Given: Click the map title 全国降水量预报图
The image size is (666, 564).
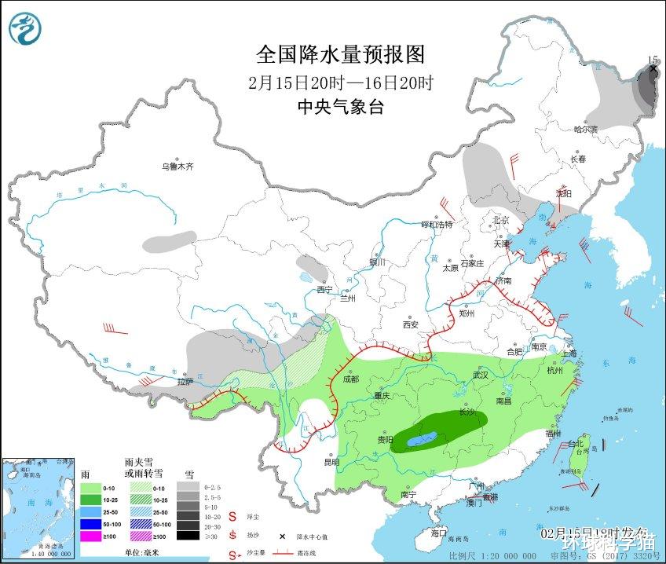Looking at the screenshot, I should click(x=340, y=54).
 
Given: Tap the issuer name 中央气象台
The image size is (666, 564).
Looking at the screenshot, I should click(x=340, y=108).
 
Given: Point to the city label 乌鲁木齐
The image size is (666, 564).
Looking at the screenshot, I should click(x=177, y=167).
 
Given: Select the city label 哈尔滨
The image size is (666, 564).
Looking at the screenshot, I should click(x=585, y=128).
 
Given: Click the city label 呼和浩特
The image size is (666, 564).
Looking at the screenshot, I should click(x=437, y=225).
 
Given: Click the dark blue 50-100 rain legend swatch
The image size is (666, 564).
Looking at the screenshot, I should click(x=95, y=523).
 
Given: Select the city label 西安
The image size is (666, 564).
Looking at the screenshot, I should click(x=411, y=324).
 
